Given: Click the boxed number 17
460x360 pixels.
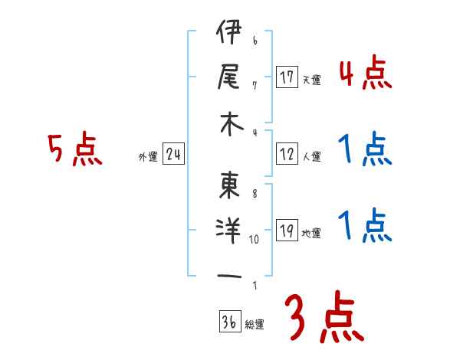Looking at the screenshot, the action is [x=287, y=77].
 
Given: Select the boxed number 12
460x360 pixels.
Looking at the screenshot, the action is [x=287, y=154].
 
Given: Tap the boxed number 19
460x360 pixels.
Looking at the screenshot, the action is [x=287, y=231].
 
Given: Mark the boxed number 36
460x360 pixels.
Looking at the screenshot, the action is [x=228, y=322].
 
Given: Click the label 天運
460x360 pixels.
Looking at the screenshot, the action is [x=311, y=80].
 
